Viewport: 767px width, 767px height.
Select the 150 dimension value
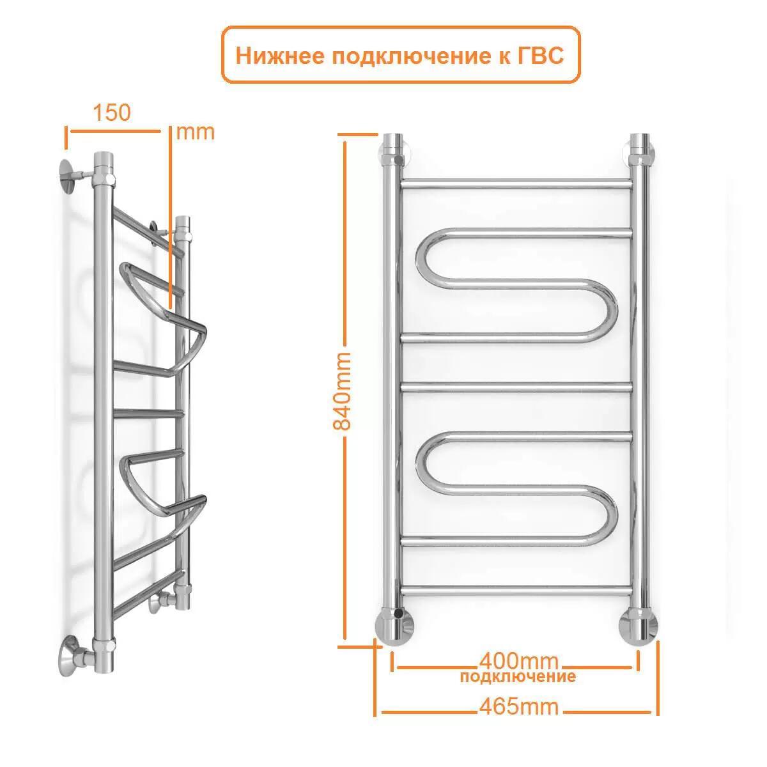pyautogui.click(x=111, y=112)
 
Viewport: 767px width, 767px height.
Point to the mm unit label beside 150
pyautogui.click(x=195, y=132)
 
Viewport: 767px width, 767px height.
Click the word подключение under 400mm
pyautogui.click(x=518, y=677)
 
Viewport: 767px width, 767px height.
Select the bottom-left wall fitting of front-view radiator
pyautogui.click(x=394, y=624)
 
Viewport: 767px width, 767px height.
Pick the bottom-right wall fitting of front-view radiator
pyautogui.click(x=638, y=624)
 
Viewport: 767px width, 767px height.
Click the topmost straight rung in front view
pyautogui.click(x=516, y=184)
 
